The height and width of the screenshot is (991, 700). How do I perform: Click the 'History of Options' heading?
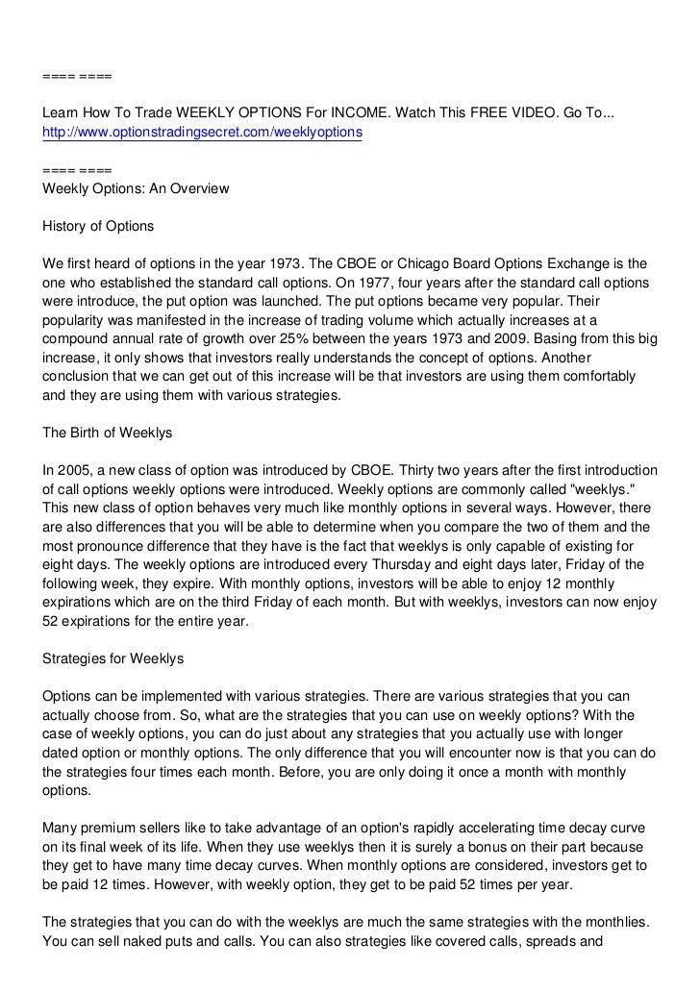pos(98,226)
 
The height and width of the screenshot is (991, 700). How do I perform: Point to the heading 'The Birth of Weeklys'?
pos(108,434)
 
